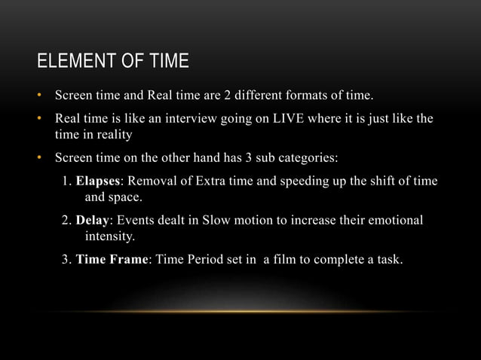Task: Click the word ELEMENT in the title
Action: tap(67, 61)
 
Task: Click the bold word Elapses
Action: tap(98, 182)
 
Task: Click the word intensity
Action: tap(110, 237)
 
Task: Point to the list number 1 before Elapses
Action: tap(66, 182)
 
